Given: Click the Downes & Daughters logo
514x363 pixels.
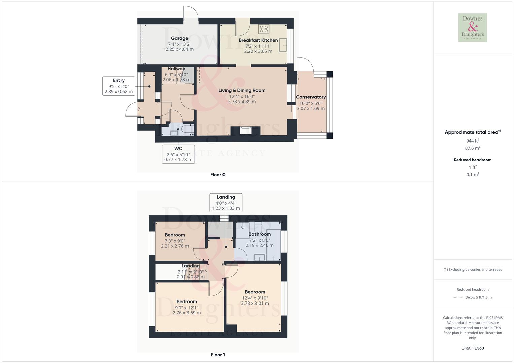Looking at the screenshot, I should click(x=473, y=28).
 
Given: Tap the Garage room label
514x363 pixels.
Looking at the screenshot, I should click(x=179, y=38).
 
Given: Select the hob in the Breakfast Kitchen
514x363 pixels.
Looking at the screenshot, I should click(x=264, y=29).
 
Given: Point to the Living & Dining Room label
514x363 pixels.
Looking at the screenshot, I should click(x=242, y=90).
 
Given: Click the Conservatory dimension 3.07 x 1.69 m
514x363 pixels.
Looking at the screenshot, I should click(x=311, y=109).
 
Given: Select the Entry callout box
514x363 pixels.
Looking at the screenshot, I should click(x=118, y=86).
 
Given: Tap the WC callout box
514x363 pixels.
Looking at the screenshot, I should click(x=178, y=154).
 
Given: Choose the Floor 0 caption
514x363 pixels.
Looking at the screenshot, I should click(x=218, y=175).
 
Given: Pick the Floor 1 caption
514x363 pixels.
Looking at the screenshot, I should click(x=218, y=355).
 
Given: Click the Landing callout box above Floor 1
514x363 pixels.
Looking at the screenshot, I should click(x=226, y=202).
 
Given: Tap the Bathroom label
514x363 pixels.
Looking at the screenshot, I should click(x=260, y=234).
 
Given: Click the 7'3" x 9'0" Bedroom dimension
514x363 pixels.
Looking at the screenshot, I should click(x=175, y=241).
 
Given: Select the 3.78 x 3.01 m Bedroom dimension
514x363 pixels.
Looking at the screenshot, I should click(x=255, y=303).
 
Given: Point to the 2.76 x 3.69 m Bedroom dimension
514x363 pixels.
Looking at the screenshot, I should click(x=186, y=313).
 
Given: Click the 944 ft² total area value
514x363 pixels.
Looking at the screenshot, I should click(x=473, y=141).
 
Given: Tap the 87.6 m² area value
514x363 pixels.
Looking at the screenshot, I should click(x=473, y=148).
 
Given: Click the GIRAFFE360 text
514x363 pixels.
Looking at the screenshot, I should click(x=473, y=348).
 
